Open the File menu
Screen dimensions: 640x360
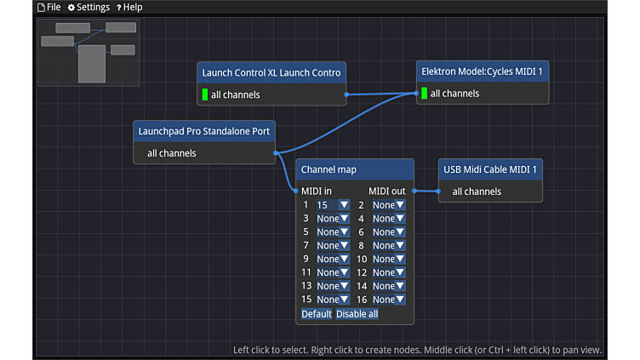click(49, 8)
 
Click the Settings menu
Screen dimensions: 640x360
click(89, 8)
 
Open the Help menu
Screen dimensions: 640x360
click(129, 8)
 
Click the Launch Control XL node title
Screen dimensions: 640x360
click(271, 72)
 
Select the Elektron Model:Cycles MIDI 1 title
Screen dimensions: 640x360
click(482, 71)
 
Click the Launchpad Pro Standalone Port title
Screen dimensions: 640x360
click(204, 131)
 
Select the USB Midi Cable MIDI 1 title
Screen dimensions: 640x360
click(490, 169)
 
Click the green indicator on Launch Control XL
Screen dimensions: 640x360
click(205, 94)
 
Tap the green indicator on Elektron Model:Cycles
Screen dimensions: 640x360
click(424, 93)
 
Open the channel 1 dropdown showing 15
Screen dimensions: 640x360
click(333, 205)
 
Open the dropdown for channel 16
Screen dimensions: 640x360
click(389, 300)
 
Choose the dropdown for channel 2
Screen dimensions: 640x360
click(389, 205)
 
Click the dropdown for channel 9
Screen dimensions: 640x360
click(333, 260)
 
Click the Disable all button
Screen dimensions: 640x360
click(357, 314)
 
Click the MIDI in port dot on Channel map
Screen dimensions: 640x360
click(295, 191)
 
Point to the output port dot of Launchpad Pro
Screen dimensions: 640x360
click(276, 153)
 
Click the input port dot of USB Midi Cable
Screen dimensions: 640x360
click(438, 191)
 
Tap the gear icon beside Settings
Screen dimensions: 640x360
click(71, 8)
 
